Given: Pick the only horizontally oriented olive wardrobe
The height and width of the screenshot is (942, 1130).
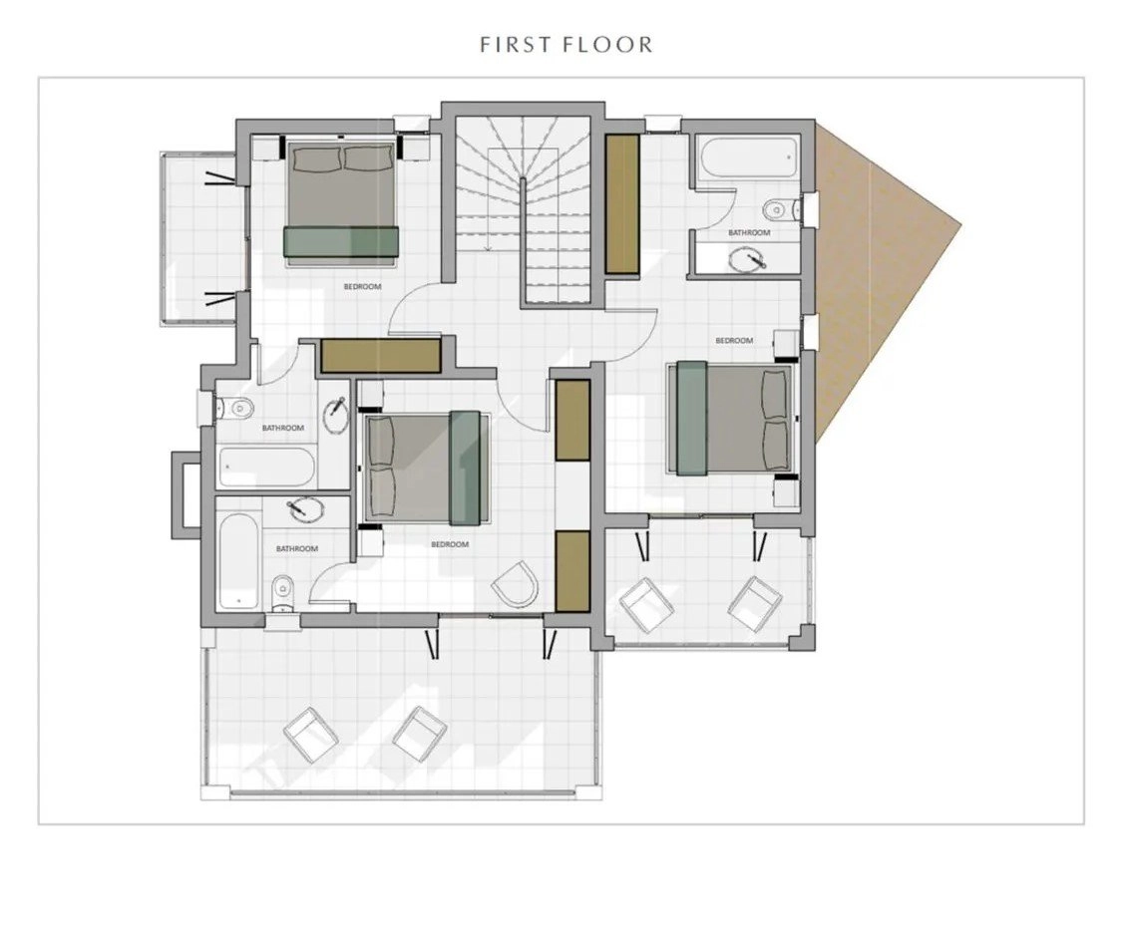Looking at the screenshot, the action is pos(381,355).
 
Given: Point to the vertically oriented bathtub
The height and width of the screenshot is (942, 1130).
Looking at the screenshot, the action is pos(240,559).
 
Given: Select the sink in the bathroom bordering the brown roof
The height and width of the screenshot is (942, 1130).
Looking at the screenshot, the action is pos(747,258).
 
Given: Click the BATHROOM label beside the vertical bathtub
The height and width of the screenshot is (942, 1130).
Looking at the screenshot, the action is pos(297,549).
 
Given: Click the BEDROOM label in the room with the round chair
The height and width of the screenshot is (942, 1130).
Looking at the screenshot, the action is pos(450,544).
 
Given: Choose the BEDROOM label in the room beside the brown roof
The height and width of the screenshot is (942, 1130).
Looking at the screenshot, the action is pos(734,341).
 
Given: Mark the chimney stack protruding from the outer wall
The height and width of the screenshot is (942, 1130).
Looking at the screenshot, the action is pos(186,494).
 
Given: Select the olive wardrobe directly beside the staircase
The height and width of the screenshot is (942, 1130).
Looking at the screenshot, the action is pos(622,203).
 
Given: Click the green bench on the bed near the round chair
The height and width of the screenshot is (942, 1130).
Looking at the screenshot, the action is pos(465,468).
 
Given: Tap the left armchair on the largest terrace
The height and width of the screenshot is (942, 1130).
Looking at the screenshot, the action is pos(311,734).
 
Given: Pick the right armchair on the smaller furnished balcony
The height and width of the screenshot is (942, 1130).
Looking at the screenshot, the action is pos(755,604).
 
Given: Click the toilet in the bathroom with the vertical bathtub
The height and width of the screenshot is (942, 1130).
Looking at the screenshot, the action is pos(282,593).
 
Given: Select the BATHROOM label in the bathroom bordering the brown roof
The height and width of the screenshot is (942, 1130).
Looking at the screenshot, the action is pos(749,233).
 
